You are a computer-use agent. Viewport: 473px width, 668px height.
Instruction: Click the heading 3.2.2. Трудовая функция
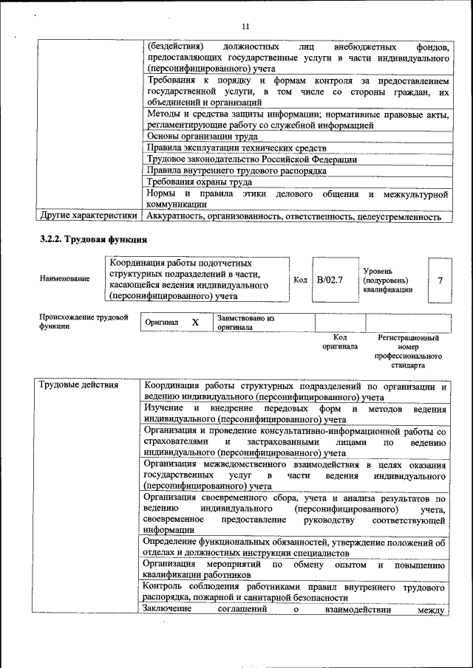pyautogui.click(x=93, y=239)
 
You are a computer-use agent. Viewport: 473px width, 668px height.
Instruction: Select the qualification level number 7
pyautogui.click(x=440, y=280)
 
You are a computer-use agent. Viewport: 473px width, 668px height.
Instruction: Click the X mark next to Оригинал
pyautogui.click(x=195, y=323)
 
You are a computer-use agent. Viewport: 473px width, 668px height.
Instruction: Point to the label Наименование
pyautogui.click(x=65, y=278)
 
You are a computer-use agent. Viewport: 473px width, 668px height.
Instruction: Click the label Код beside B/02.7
pyautogui.click(x=300, y=280)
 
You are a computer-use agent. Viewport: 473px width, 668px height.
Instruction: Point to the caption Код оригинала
pyautogui.click(x=340, y=342)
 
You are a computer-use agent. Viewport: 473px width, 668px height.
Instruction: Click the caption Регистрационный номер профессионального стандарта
pyautogui.click(x=408, y=351)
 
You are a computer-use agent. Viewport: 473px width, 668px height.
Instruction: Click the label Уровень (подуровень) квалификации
pyautogui.click(x=387, y=280)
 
